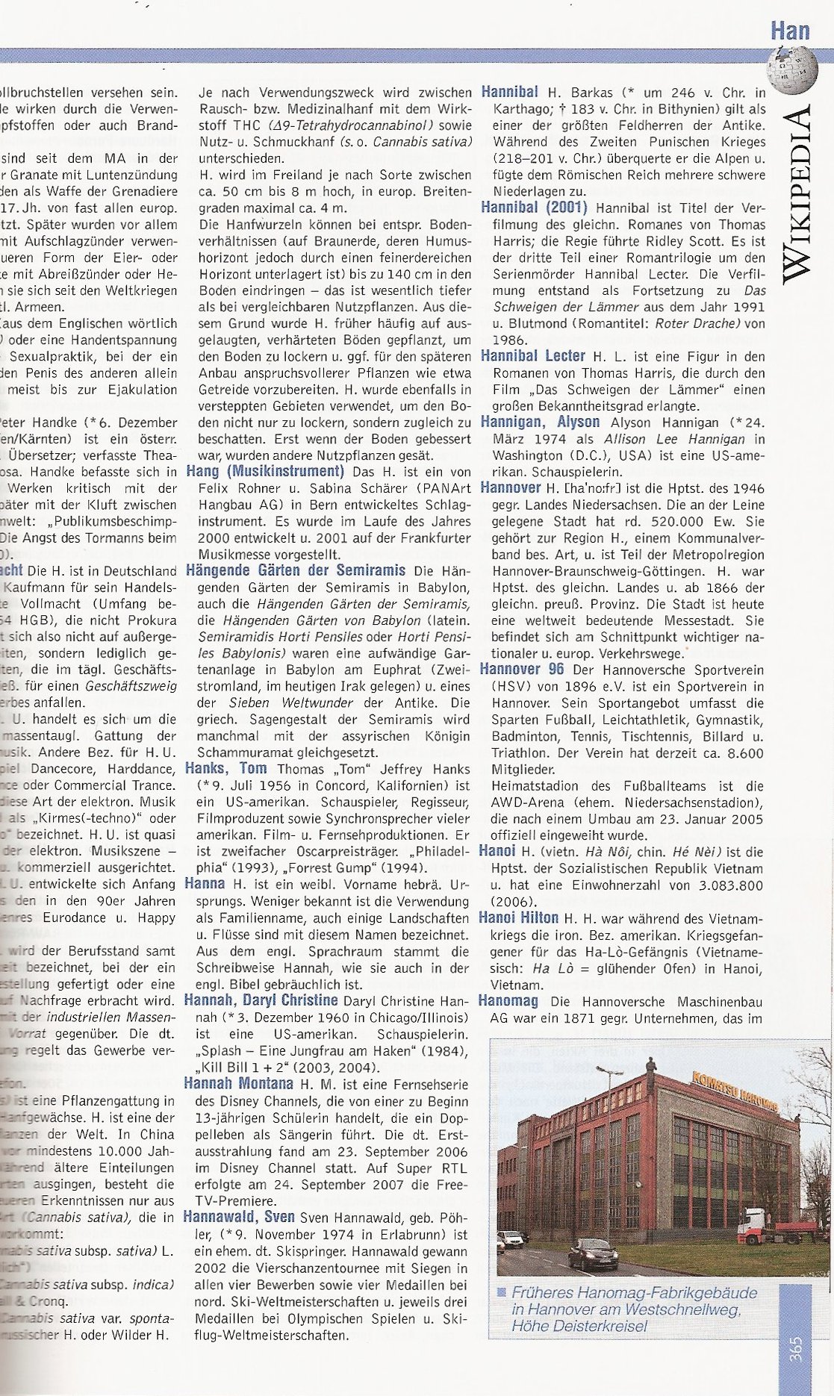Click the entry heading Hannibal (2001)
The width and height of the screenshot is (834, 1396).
point(534,208)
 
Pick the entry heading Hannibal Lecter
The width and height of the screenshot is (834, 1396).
point(533,355)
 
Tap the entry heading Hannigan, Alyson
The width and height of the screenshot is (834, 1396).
point(540,422)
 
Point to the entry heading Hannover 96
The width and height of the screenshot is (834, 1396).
point(522,669)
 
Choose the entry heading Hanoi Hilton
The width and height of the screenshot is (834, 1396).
point(518,917)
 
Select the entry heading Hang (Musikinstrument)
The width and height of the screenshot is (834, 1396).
point(264,471)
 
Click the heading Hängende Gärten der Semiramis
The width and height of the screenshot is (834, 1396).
point(295,570)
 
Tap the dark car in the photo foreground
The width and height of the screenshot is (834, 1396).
point(594,1253)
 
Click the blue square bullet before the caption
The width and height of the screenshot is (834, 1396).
point(502,1292)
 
